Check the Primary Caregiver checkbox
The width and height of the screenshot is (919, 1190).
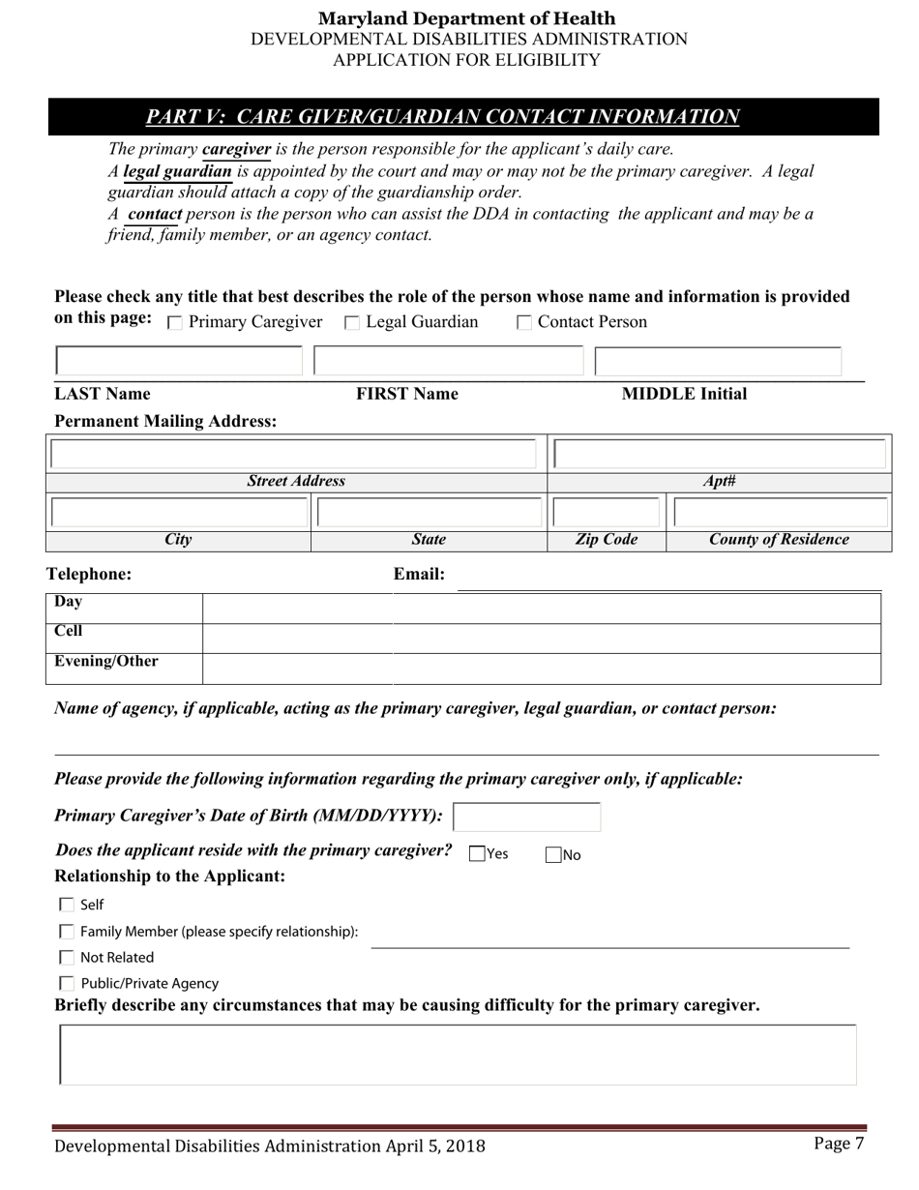point(175,323)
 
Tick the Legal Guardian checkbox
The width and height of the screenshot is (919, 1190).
point(352,323)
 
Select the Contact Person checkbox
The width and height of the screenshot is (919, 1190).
point(524,323)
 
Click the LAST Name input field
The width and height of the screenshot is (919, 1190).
point(179,362)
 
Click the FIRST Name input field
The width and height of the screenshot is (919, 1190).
point(449,362)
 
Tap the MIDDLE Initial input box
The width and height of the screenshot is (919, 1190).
point(718,362)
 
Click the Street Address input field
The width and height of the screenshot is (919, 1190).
point(293,455)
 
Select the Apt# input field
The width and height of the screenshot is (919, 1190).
point(720,455)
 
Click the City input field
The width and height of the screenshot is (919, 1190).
point(179,513)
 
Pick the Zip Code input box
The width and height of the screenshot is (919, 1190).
point(607,513)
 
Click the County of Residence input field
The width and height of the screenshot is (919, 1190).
point(780,513)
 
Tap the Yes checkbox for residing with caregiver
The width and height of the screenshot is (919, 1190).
point(477,853)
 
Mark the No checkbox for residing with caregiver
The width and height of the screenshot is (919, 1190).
point(553,854)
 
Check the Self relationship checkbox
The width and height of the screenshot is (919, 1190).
point(67,905)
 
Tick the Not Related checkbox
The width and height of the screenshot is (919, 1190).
point(67,958)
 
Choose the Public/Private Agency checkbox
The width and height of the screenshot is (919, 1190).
point(67,983)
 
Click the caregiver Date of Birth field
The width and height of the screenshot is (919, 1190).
point(527,818)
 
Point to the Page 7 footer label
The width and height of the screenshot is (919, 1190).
point(839,1144)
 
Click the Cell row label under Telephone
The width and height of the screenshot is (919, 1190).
point(69,631)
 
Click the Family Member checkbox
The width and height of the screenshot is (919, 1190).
point(67,932)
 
